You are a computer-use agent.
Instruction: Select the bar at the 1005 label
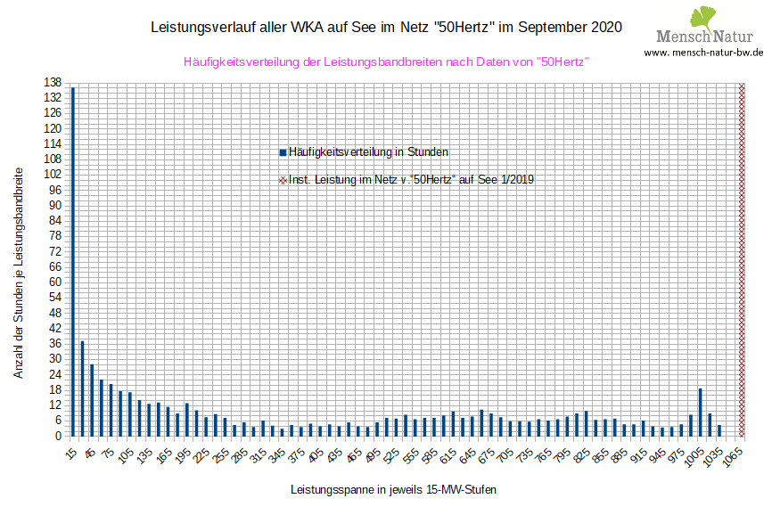(x=701, y=412)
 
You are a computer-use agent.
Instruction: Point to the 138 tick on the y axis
(x=53, y=82)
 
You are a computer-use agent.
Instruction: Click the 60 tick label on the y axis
(x=55, y=282)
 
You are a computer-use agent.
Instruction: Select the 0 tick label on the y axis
(x=58, y=436)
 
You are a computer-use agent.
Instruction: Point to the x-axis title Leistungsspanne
(x=393, y=490)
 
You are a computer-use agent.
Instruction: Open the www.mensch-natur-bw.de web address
(x=703, y=53)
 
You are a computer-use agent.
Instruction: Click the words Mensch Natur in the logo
(x=703, y=37)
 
